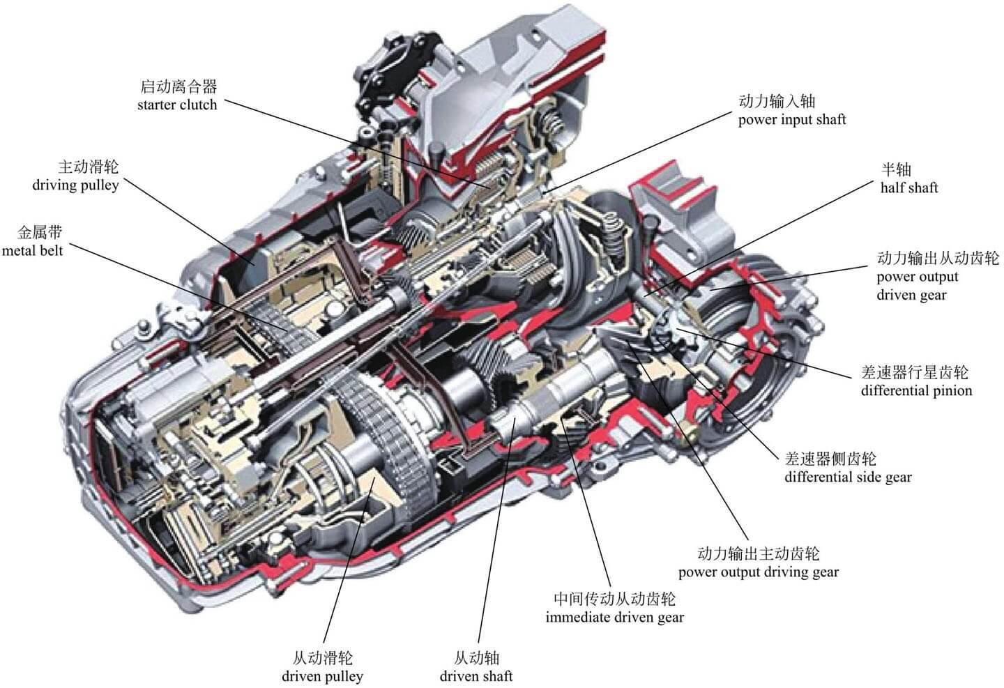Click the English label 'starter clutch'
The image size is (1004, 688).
coord(177,105)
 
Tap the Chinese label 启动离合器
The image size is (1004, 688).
coord(178,86)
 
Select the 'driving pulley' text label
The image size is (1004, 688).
coord(75,186)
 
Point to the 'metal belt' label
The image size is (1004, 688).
coord(32,250)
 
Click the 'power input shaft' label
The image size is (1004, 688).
coord(791,120)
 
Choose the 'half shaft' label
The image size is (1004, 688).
coord(908,188)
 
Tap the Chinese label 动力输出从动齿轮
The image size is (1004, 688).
coord(937,259)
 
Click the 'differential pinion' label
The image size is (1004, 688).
coord(915,390)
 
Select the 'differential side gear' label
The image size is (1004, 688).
coord(848,477)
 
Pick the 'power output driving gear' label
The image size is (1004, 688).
coord(758,573)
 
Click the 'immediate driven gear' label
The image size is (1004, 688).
coord(614,618)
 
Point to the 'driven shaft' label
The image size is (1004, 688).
coord(476,676)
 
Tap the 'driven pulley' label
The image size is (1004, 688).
coord(322,676)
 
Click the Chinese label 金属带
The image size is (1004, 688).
coord(40,232)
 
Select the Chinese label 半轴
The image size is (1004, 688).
coord(896,169)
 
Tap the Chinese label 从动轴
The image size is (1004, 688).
coord(476,658)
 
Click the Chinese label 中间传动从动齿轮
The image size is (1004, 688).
coord(614,599)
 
